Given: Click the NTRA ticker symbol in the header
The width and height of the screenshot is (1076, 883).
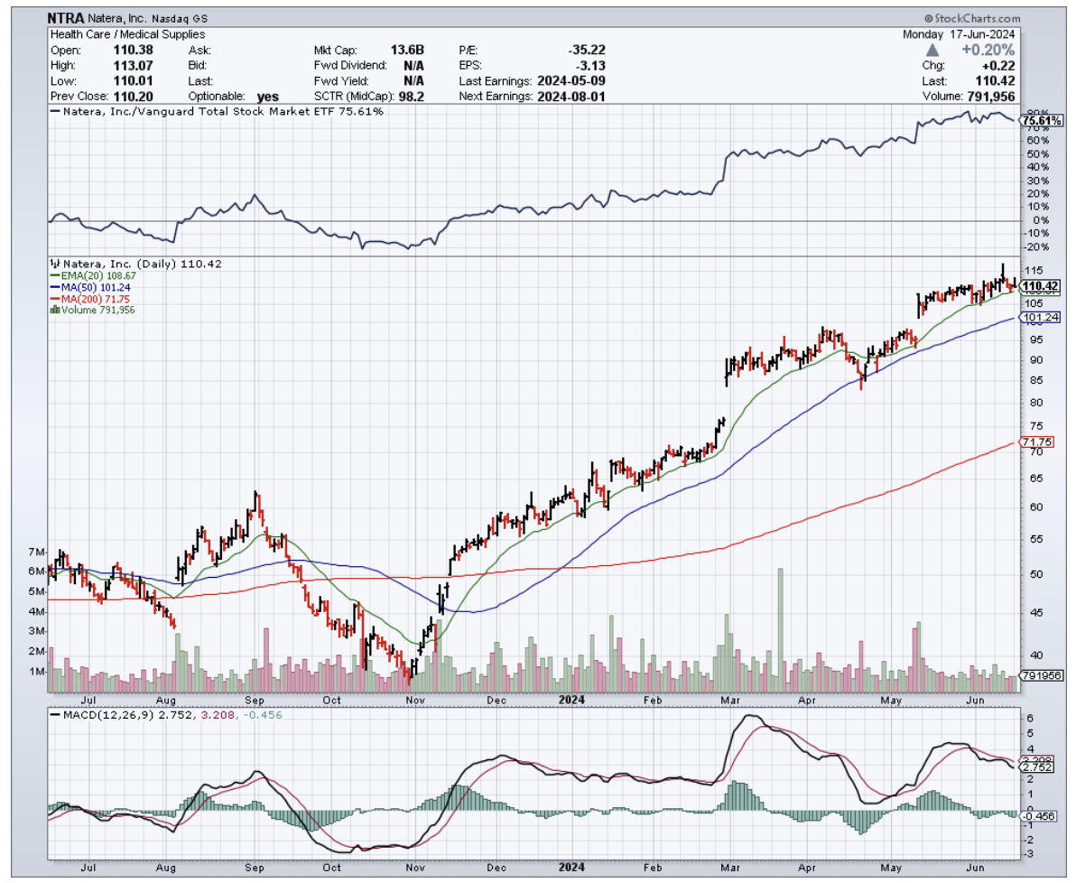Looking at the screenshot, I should tap(66, 17).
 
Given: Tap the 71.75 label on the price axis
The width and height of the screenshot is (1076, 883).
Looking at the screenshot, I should tap(1032, 441).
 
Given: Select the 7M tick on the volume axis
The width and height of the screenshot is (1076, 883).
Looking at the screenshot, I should tap(37, 551).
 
